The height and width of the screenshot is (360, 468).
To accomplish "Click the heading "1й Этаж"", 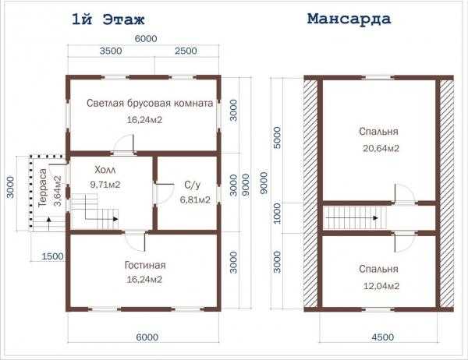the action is (108, 19).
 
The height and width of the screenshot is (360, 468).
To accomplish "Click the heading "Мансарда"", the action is (349, 19).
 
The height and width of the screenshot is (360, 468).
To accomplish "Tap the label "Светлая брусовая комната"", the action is (150, 103).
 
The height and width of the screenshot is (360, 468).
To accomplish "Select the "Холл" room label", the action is (105, 170).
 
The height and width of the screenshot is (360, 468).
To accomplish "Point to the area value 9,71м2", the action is (105, 185).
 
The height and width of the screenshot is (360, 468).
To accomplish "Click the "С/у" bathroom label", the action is (192, 185).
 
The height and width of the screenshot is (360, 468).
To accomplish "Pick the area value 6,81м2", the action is (195, 199).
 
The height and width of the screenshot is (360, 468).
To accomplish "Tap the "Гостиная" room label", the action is (145, 265).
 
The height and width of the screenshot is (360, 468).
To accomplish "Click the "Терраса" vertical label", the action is (43, 188).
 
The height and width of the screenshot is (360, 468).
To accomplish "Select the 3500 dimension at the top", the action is (111, 51).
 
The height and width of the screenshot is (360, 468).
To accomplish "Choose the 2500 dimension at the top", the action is (186, 51).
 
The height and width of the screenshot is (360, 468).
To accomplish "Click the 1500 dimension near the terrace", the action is (52, 256).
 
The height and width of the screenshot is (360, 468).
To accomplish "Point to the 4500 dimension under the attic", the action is (383, 337).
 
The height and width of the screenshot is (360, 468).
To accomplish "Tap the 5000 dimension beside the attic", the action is (277, 138).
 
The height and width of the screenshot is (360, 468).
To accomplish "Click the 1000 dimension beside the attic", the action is (277, 214).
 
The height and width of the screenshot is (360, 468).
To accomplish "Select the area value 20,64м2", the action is (381, 148).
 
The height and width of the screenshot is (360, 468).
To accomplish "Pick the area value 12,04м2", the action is (381, 286).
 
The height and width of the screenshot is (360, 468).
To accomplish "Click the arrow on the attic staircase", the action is (352, 218).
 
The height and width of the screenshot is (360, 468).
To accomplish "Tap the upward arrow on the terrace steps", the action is (49, 224).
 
